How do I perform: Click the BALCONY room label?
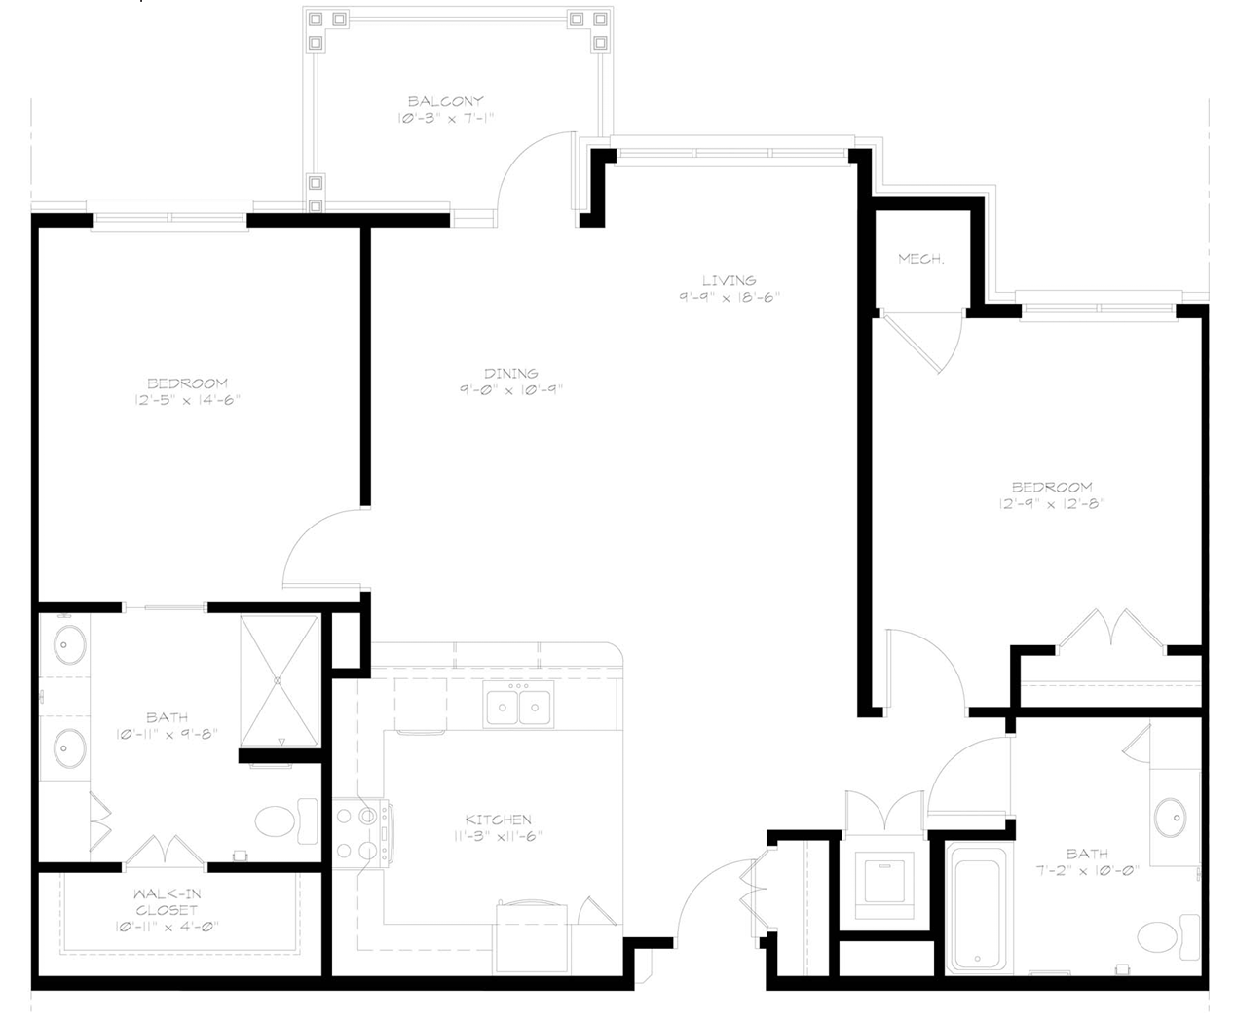coord(445,101)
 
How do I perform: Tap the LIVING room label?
coord(729,280)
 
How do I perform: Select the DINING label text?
coord(511,374)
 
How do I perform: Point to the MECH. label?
coord(921,259)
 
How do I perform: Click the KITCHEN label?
coord(498,820)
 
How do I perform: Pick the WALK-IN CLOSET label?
coord(167,902)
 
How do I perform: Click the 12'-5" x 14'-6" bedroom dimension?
coord(187,400)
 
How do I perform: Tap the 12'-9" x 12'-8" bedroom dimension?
coord(1052,504)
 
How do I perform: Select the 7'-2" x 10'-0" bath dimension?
coord(1087,870)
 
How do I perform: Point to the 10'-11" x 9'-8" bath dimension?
coord(168,734)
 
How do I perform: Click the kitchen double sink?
coord(519,705)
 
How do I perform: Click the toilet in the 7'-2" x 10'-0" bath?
coord(1168,936)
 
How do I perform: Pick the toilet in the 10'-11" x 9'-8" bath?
coord(286,820)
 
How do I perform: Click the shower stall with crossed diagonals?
coord(280,680)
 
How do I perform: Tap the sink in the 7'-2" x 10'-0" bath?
coord(1171,818)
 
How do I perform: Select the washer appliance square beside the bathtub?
coord(884,885)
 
